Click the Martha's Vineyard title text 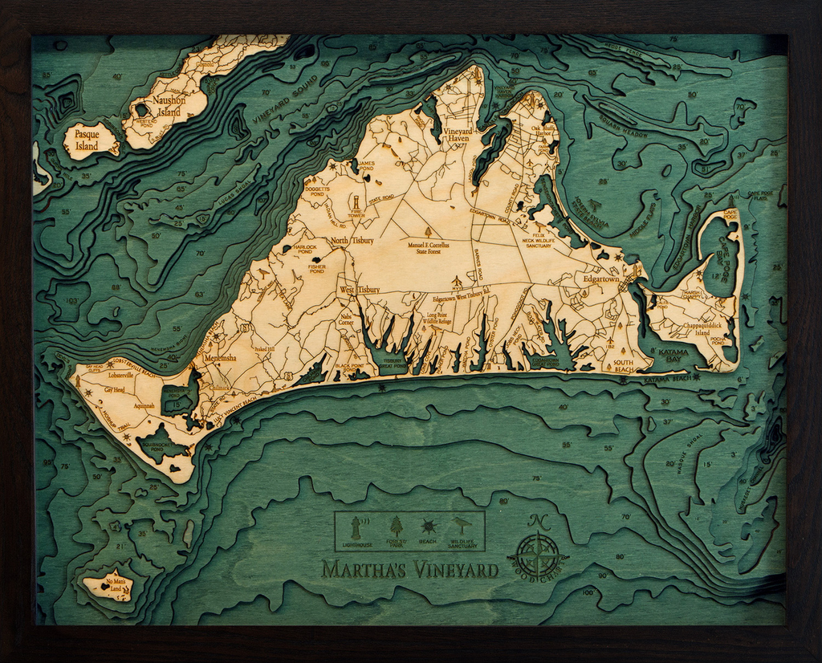[409, 570]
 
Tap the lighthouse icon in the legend [356, 527]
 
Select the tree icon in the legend [396, 526]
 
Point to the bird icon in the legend [462, 526]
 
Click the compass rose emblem [537, 554]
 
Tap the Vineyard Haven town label [458, 134]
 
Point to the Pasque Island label [86, 140]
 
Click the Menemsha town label [219, 358]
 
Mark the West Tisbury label [359, 290]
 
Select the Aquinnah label [144, 406]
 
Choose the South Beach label [623, 365]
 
